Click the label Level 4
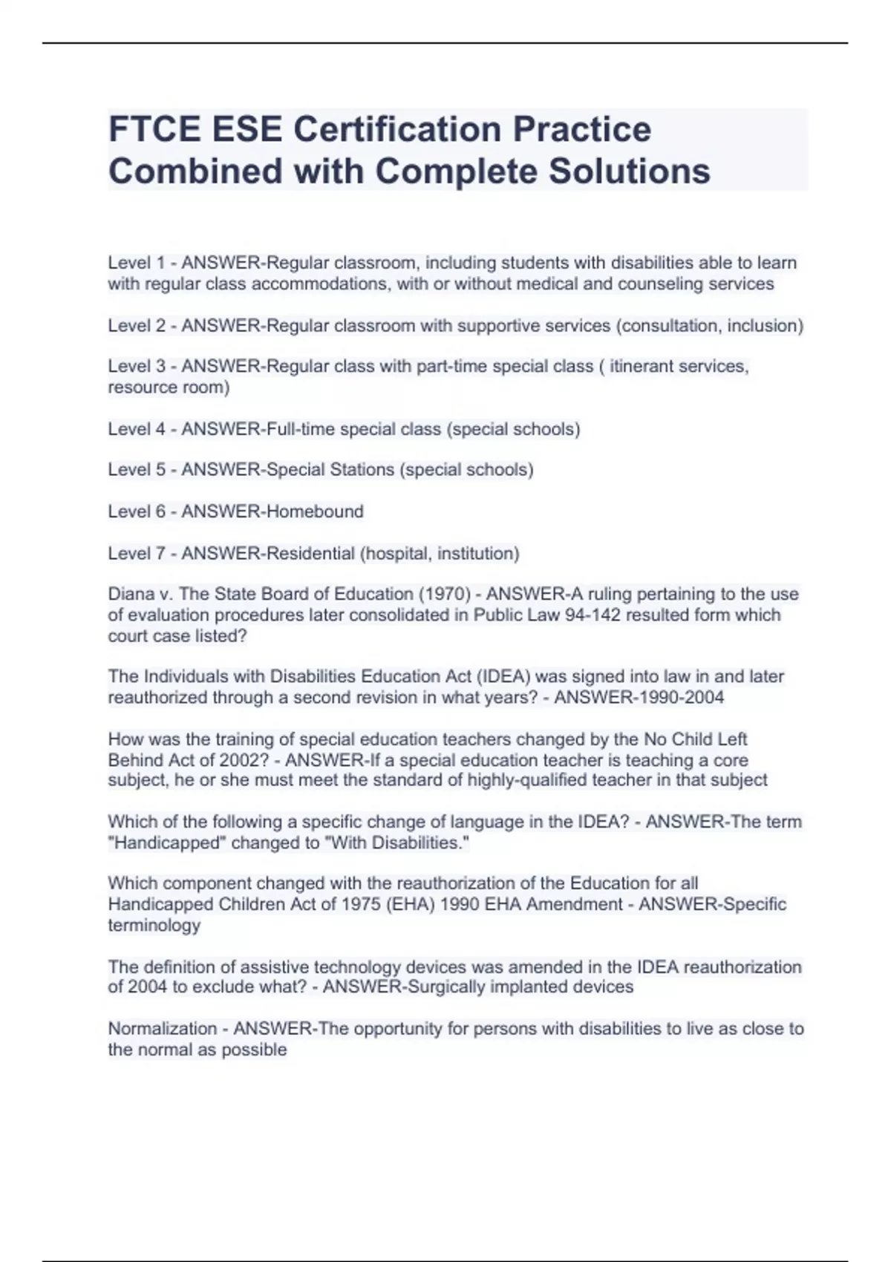(x=137, y=429)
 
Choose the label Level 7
(x=137, y=553)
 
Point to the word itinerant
(x=644, y=367)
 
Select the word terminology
(x=154, y=925)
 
